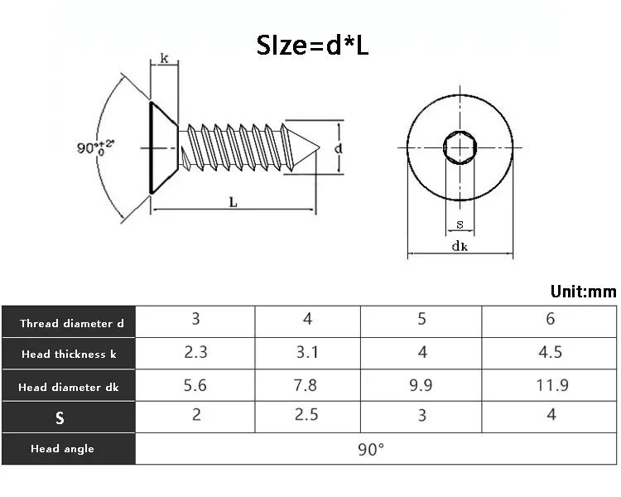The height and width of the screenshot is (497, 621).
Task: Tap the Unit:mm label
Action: [x=583, y=292]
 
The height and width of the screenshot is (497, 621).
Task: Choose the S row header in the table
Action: [x=60, y=417]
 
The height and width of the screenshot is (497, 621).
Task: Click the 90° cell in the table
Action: [x=370, y=449]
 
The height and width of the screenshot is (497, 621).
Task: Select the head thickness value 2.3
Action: [x=195, y=352]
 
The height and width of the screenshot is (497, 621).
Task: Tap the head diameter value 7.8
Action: [x=306, y=384]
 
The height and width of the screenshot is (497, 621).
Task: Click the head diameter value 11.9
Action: [x=551, y=384]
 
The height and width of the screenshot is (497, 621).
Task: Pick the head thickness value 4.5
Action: [x=551, y=352]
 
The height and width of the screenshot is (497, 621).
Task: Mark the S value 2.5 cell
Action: [x=306, y=415]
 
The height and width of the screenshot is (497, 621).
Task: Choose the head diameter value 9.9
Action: [x=422, y=384]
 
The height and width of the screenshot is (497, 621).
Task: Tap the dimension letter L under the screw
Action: [x=233, y=201]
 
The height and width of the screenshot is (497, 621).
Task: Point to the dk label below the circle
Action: [x=460, y=246]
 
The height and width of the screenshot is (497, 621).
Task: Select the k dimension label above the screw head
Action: [x=164, y=59]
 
